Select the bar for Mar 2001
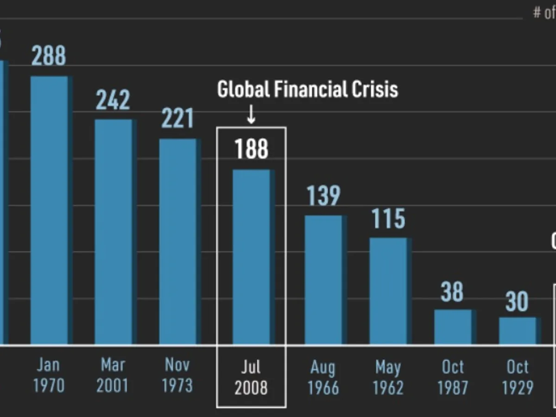point(114,232)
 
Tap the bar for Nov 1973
point(178,241)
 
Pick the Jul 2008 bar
point(251,257)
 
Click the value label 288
point(49,56)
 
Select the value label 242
point(113,100)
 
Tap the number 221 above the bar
point(177,119)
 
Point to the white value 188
point(251,149)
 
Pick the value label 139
point(323,196)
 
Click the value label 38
point(452,292)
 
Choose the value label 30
point(517,302)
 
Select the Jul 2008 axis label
point(251,378)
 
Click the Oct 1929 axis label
point(518,377)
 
